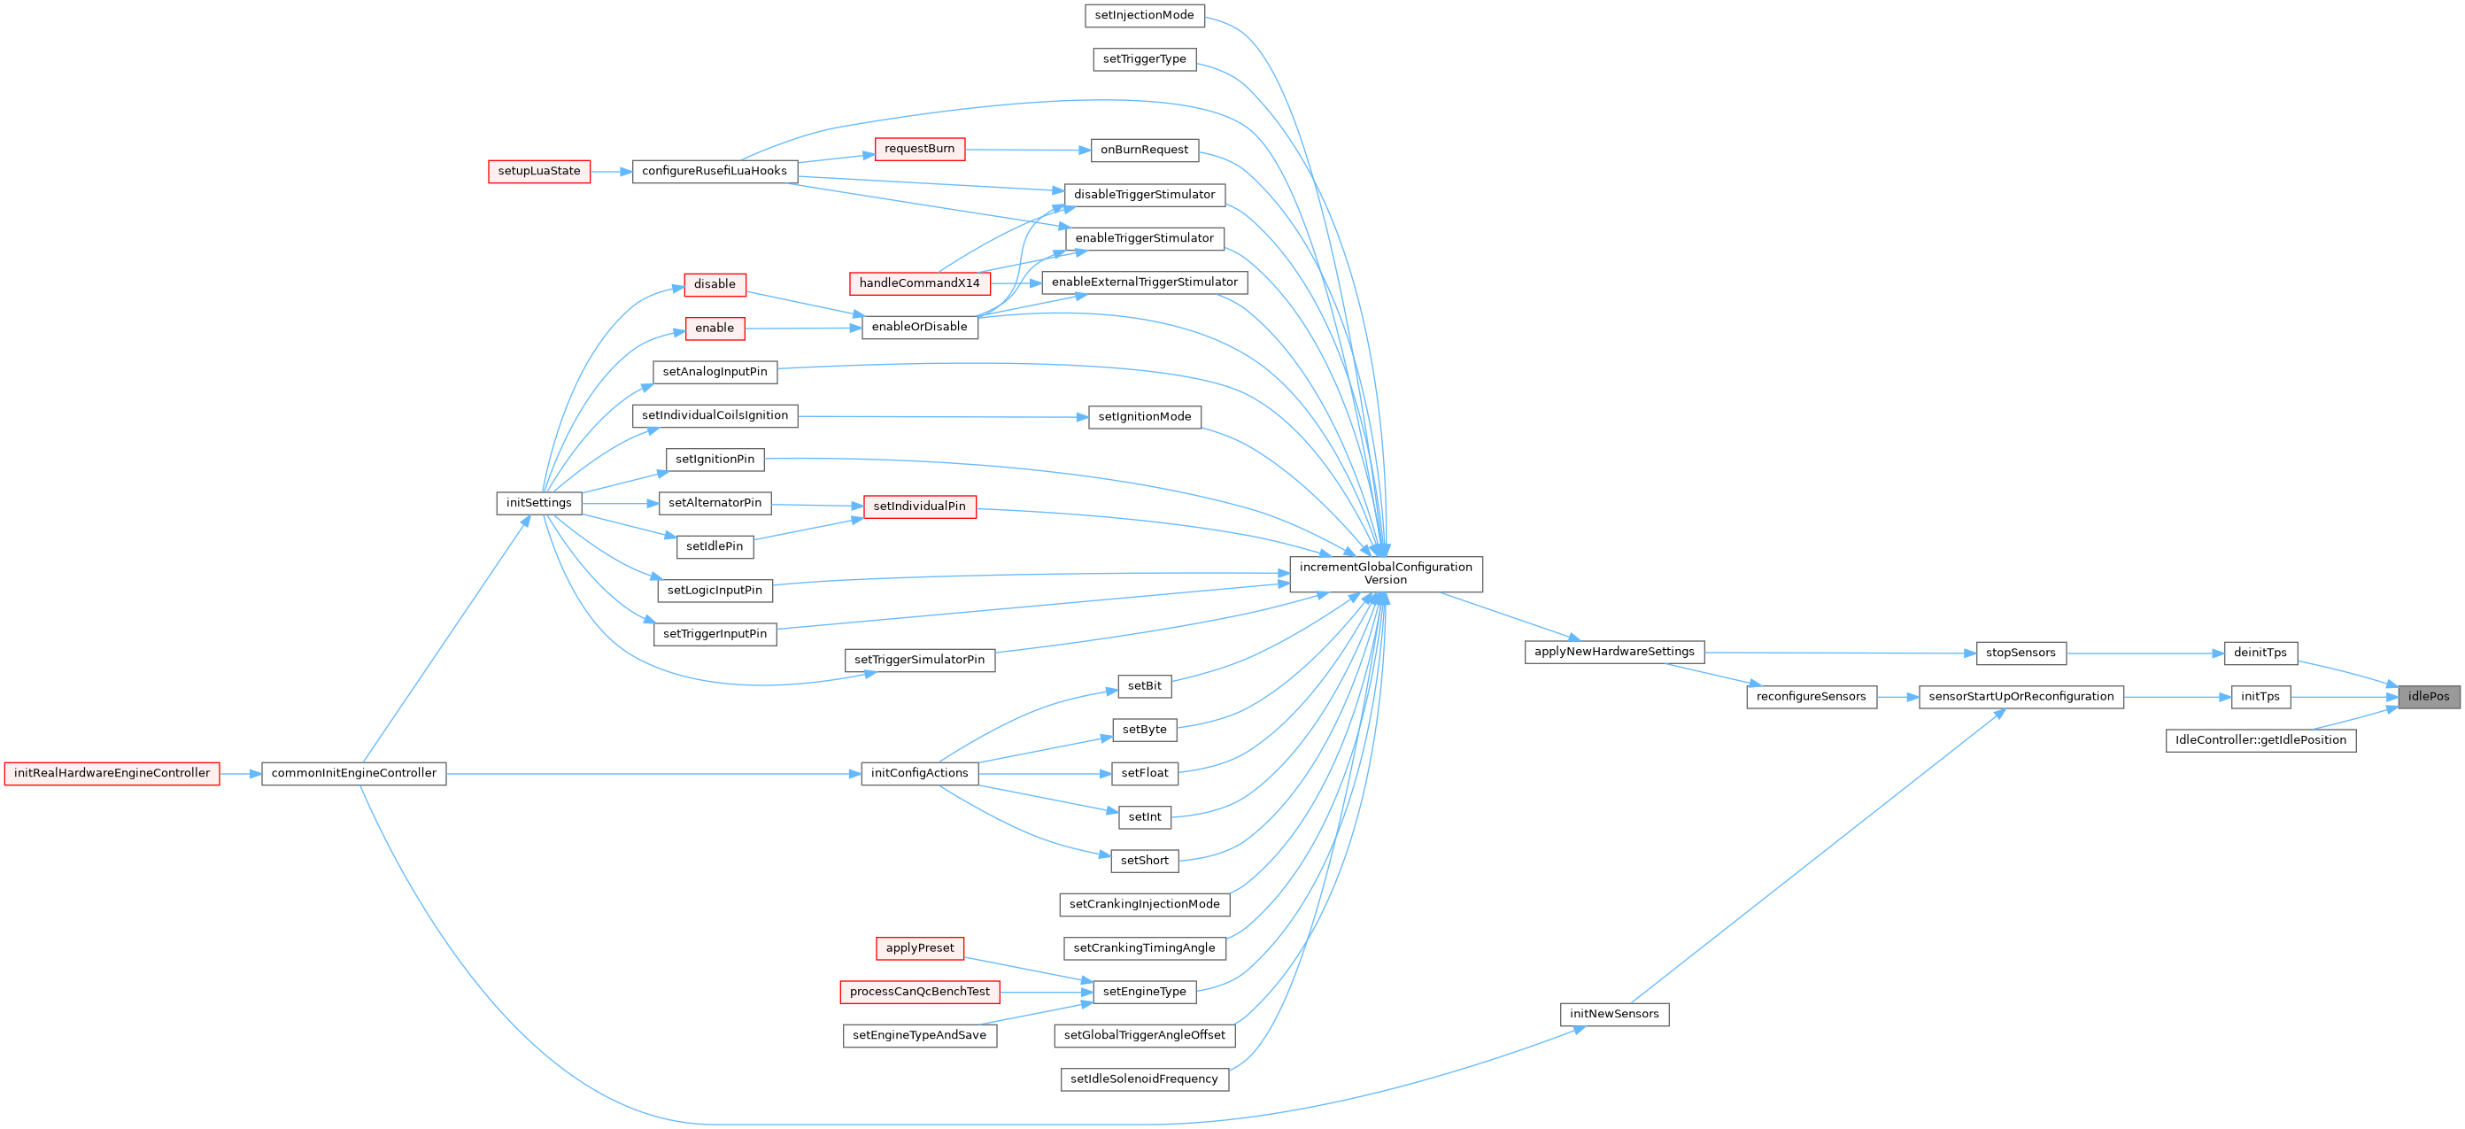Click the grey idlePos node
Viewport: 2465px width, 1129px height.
pos(2428,697)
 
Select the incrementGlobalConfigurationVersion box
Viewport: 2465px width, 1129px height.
pos(1385,574)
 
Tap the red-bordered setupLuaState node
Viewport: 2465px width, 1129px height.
pos(538,171)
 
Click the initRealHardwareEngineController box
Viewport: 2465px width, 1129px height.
pos(112,773)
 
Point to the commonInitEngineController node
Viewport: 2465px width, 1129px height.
pos(353,773)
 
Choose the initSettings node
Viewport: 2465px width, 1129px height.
pos(538,503)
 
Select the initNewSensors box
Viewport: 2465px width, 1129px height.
pos(1613,1014)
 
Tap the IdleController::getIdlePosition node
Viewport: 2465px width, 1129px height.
pos(2260,740)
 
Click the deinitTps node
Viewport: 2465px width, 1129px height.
pos(2260,653)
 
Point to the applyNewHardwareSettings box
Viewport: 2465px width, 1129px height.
pos(1613,653)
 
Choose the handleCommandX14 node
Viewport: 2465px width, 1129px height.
pos(919,283)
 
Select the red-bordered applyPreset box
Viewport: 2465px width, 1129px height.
pos(919,948)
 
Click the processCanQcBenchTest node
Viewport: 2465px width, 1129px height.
pos(919,992)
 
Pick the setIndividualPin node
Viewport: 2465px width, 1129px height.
pos(919,507)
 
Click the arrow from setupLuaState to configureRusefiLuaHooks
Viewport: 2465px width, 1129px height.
pos(611,172)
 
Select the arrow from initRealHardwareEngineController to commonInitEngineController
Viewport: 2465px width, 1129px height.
pos(240,774)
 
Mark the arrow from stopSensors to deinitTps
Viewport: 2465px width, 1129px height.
pos(2144,653)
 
